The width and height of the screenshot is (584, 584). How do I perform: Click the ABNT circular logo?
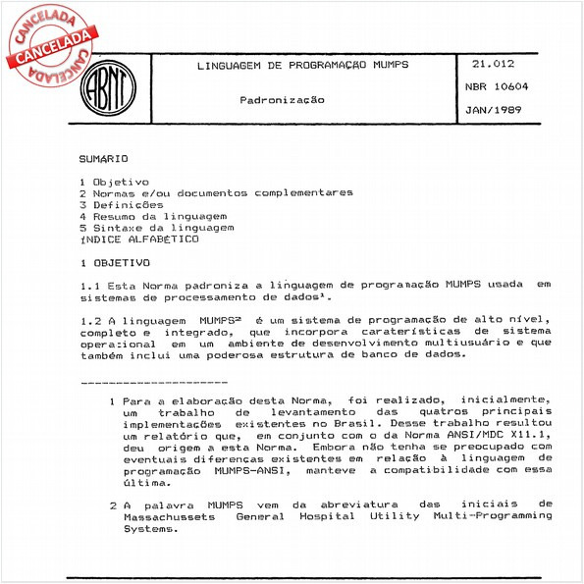(107, 88)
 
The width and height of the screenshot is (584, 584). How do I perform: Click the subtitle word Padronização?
(283, 100)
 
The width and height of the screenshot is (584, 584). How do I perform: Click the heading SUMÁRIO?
(103, 158)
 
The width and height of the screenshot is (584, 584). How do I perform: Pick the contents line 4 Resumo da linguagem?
(153, 216)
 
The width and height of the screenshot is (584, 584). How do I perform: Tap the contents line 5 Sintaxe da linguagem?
(157, 228)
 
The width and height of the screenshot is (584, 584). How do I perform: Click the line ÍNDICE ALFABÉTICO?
(138, 239)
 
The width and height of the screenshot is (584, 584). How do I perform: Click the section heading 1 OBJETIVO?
(115, 263)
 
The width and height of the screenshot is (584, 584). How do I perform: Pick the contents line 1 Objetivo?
(114, 182)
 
